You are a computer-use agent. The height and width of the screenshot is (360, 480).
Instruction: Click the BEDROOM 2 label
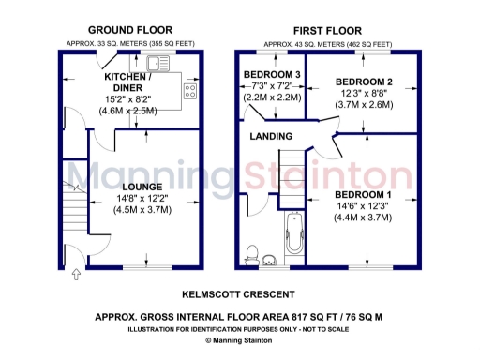click(x=363, y=82)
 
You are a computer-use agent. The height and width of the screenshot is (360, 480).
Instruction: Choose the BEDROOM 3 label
click(x=272, y=74)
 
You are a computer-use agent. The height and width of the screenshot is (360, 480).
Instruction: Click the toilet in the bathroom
click(x=251, y=252)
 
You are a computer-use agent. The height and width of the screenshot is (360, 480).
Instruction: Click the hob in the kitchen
click(x=190, y=91)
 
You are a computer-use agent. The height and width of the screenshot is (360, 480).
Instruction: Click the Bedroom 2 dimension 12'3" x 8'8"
click(x=363, y=94)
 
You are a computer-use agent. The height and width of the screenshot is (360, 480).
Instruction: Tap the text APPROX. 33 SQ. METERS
click(x=105, y=43)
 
